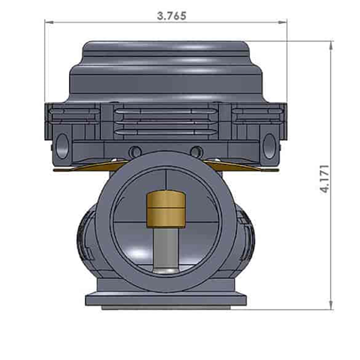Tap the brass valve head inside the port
click(x=165, y=208)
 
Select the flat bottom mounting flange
click(x=166, y=299)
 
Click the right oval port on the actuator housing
click(x=269, y=141)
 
